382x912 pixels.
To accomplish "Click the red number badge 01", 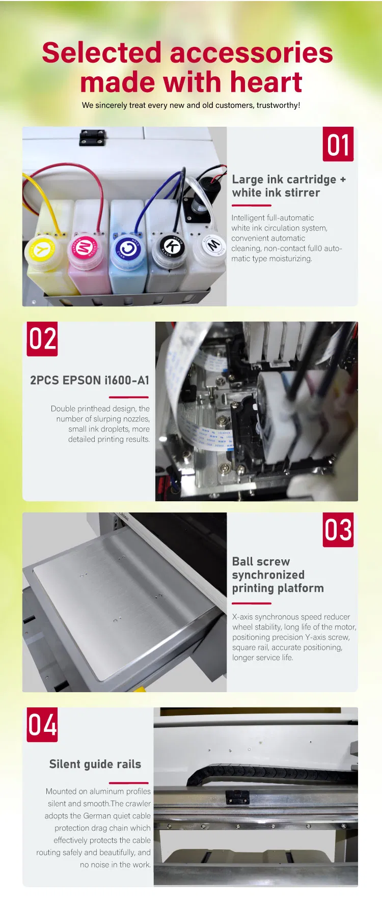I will (x=338, y=145).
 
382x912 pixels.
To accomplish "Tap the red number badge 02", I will (x=42, y=339).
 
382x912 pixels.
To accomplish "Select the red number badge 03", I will (x=338, y=530).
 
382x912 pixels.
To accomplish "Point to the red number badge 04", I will (x=42, y=725).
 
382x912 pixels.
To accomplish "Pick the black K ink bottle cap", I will (x=172, y=246).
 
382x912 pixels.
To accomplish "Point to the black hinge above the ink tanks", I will (x=92, y=137).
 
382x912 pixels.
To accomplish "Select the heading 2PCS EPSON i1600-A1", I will (x=90, y=380).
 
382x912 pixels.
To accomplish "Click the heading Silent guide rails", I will (x=95, y=764).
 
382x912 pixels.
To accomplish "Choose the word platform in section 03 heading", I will (x=300, y=588).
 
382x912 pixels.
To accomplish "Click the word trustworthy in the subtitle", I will (x=278, y=105).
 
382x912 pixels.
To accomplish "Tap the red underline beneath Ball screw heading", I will (x=251, y=603).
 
